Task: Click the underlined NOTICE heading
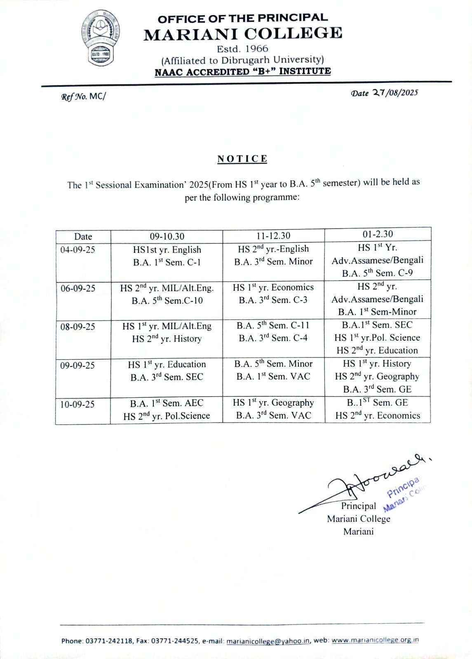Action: (242, 159)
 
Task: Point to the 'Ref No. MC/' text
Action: (83, 97)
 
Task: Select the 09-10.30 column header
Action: (167, 236)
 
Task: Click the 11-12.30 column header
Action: (273, 236)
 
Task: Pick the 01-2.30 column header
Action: (378, 234)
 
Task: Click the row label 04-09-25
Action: (77, 250)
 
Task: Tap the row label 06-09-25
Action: (77, 288)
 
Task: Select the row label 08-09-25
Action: (77, 327)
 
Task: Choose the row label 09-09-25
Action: (77, 365)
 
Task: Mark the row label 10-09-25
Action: (77, 404)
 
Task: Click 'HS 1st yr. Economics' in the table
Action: (273, 287)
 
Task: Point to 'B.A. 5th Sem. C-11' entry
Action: (273, 325)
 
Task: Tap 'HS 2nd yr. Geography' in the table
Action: (377, 376)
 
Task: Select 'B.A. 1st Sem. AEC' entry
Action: (167, 403)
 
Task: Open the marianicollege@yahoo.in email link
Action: (268, 641)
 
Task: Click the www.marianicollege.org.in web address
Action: (375, 640)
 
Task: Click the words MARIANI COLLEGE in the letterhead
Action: (243, 33)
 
